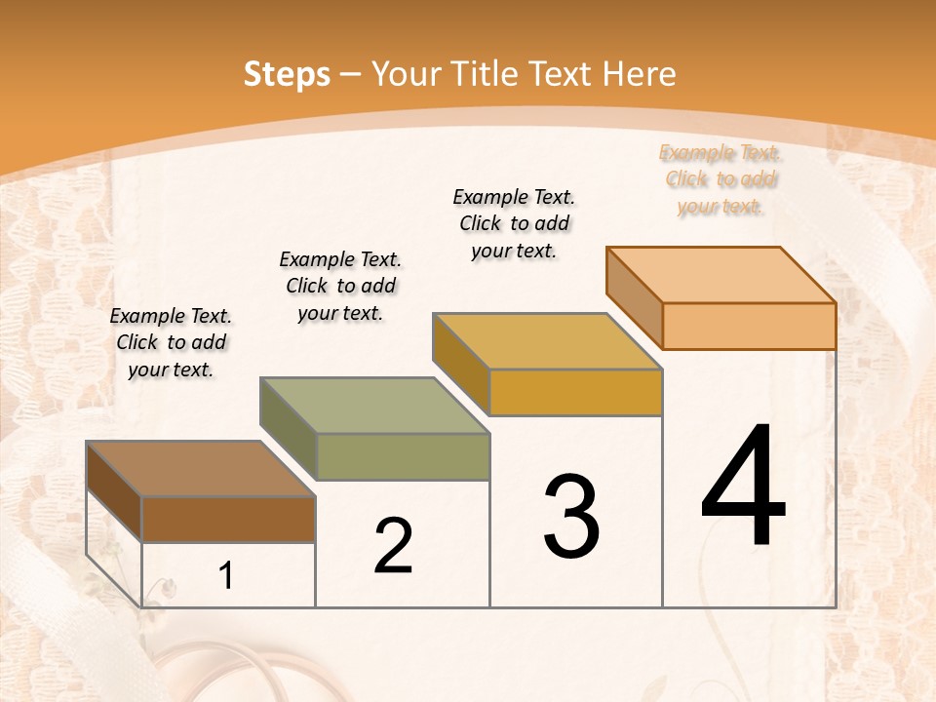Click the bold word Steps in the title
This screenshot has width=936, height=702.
(287, 74)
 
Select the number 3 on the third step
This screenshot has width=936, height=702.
(571, 517)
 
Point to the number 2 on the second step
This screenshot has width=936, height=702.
(394, 546)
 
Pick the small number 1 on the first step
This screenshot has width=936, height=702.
(226, 576)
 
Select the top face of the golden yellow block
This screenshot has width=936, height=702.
(547, 342)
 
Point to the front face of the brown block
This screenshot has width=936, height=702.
(228, 519)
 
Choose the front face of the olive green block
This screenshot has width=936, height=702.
(403, 456)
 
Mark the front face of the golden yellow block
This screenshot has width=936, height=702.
(575, 392)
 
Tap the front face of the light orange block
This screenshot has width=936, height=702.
(749, 326)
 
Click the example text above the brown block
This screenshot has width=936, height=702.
(171, 342)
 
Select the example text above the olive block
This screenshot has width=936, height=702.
(340, 286)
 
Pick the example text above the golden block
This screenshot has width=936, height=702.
(514, 223)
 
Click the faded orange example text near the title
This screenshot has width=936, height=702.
(721, 179)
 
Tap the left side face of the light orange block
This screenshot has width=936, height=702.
(635, 296)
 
